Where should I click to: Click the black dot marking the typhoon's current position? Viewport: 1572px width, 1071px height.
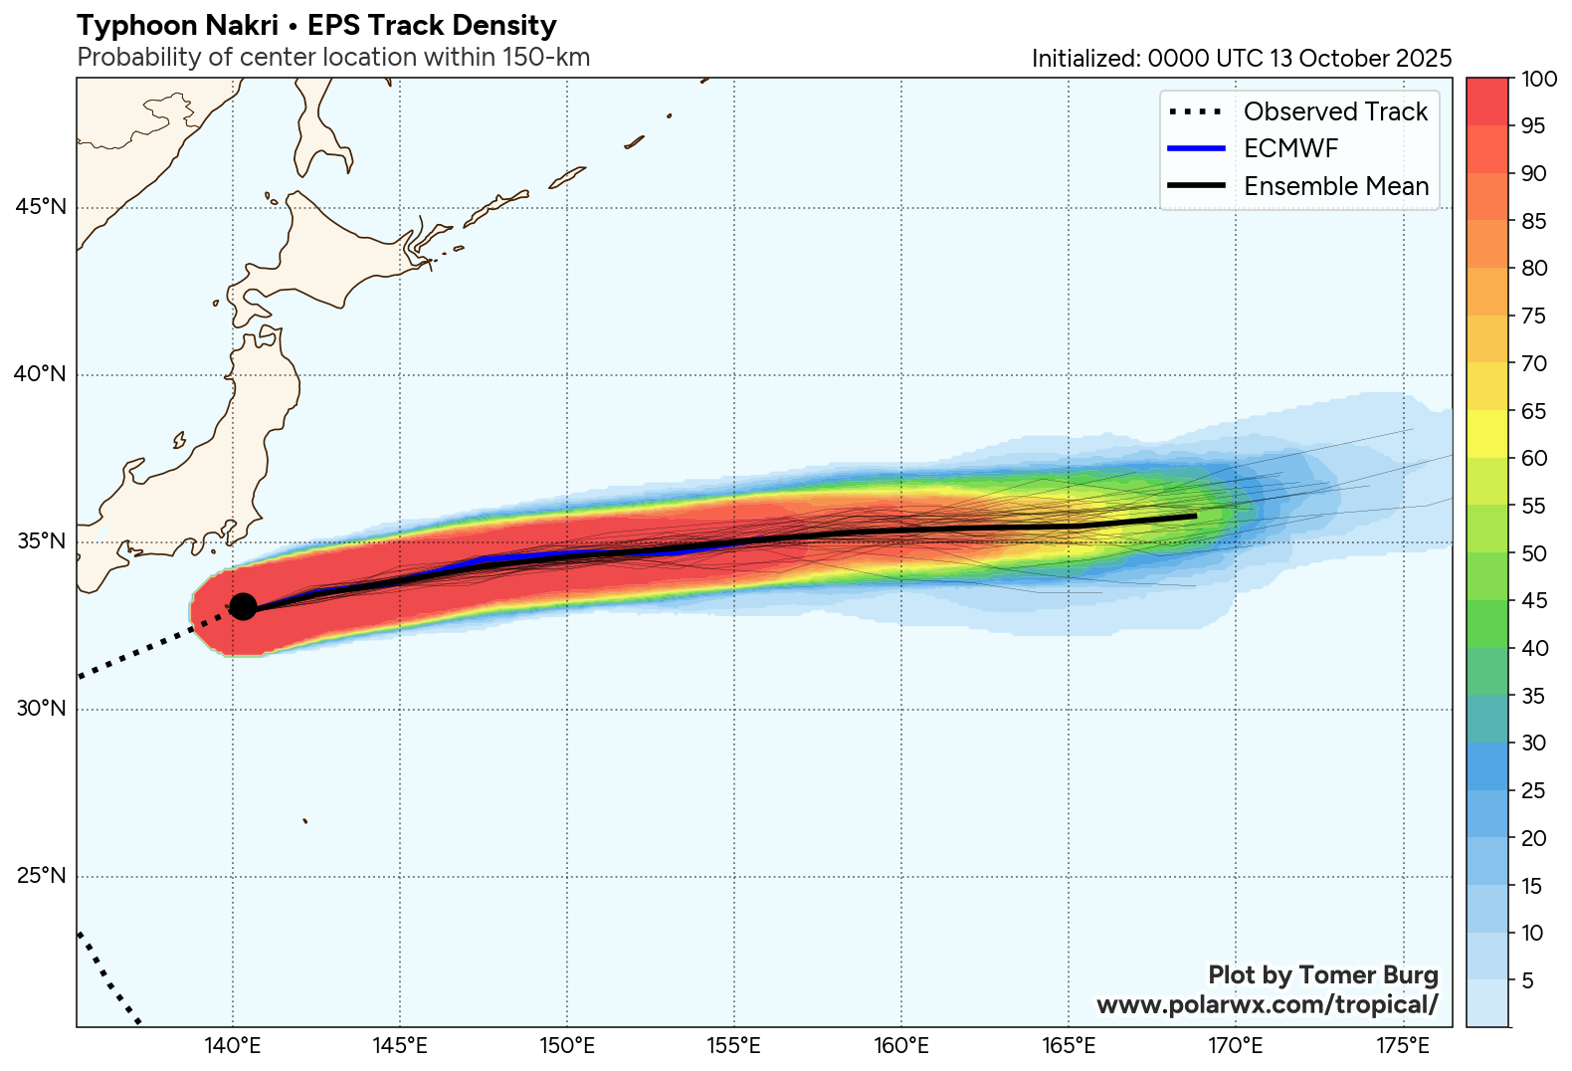click(x=243, y=606)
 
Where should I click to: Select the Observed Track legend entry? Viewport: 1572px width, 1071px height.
click(x=1334, y=111)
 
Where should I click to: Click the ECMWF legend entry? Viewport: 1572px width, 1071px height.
click(x=1290, y=148)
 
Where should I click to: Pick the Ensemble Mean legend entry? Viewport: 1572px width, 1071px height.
click(x=1335, y=186)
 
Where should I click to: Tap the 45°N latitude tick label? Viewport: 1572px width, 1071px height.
click(x=41, y=207)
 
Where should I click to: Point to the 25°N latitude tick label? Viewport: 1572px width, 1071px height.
click(x=41, y=876)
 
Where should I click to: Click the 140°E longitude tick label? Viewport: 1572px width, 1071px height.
click(x=233, y=1046)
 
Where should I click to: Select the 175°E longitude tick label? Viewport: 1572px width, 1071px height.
click(x=1403, y=1046)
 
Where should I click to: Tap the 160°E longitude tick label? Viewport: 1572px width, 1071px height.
click(x=901, y=1046)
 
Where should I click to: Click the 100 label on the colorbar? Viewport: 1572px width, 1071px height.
click(x=1539, y=79)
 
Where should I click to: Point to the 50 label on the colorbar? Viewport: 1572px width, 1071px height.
click(x=1534, y=553)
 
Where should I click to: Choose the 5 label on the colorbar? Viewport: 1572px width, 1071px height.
click(x=1528, y=980)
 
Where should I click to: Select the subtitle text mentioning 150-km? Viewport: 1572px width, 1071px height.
click(x=333, y=58)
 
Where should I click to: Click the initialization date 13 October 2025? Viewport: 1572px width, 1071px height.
click(x=1360, y=59)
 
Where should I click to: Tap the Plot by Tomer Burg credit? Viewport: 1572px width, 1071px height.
click(x=1322, y=974)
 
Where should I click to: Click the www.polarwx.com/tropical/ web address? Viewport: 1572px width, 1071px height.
click(x=1267, y=1004)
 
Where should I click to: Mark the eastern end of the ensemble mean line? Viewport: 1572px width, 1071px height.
click(x=1195, y=516)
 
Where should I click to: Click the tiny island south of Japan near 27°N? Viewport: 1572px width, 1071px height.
click(x=305, y=821)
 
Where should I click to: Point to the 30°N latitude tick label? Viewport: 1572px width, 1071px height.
click(x=41, y=709)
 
